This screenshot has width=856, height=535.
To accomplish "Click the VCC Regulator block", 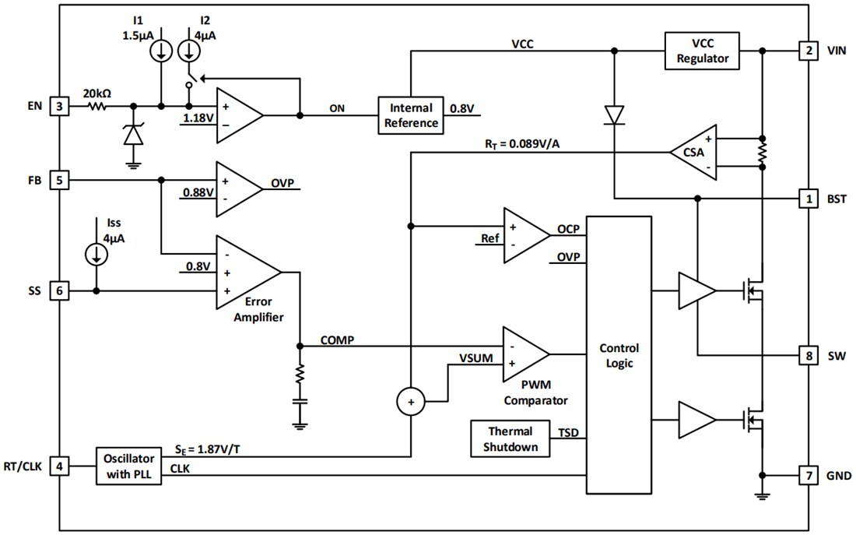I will point(702,51).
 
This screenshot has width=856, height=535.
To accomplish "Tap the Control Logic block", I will point(619,355).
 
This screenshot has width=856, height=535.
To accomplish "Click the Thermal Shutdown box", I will point(510,439).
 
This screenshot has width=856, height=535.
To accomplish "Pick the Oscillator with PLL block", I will point(128,466).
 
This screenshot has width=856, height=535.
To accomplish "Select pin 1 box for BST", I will point(809,199).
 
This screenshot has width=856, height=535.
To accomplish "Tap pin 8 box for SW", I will point(809,355).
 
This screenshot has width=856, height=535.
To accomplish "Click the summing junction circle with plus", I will point(411,402).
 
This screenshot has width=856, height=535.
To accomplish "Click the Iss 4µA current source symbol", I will point(96,254).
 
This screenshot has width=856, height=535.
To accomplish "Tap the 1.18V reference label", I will point(197,118).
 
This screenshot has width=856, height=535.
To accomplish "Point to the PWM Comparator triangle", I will point(524,354).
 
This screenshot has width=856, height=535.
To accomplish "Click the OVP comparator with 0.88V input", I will point(238,185).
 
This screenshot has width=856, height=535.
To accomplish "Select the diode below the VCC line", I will point(614,115).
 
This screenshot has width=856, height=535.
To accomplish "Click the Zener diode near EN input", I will point(134,135).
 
